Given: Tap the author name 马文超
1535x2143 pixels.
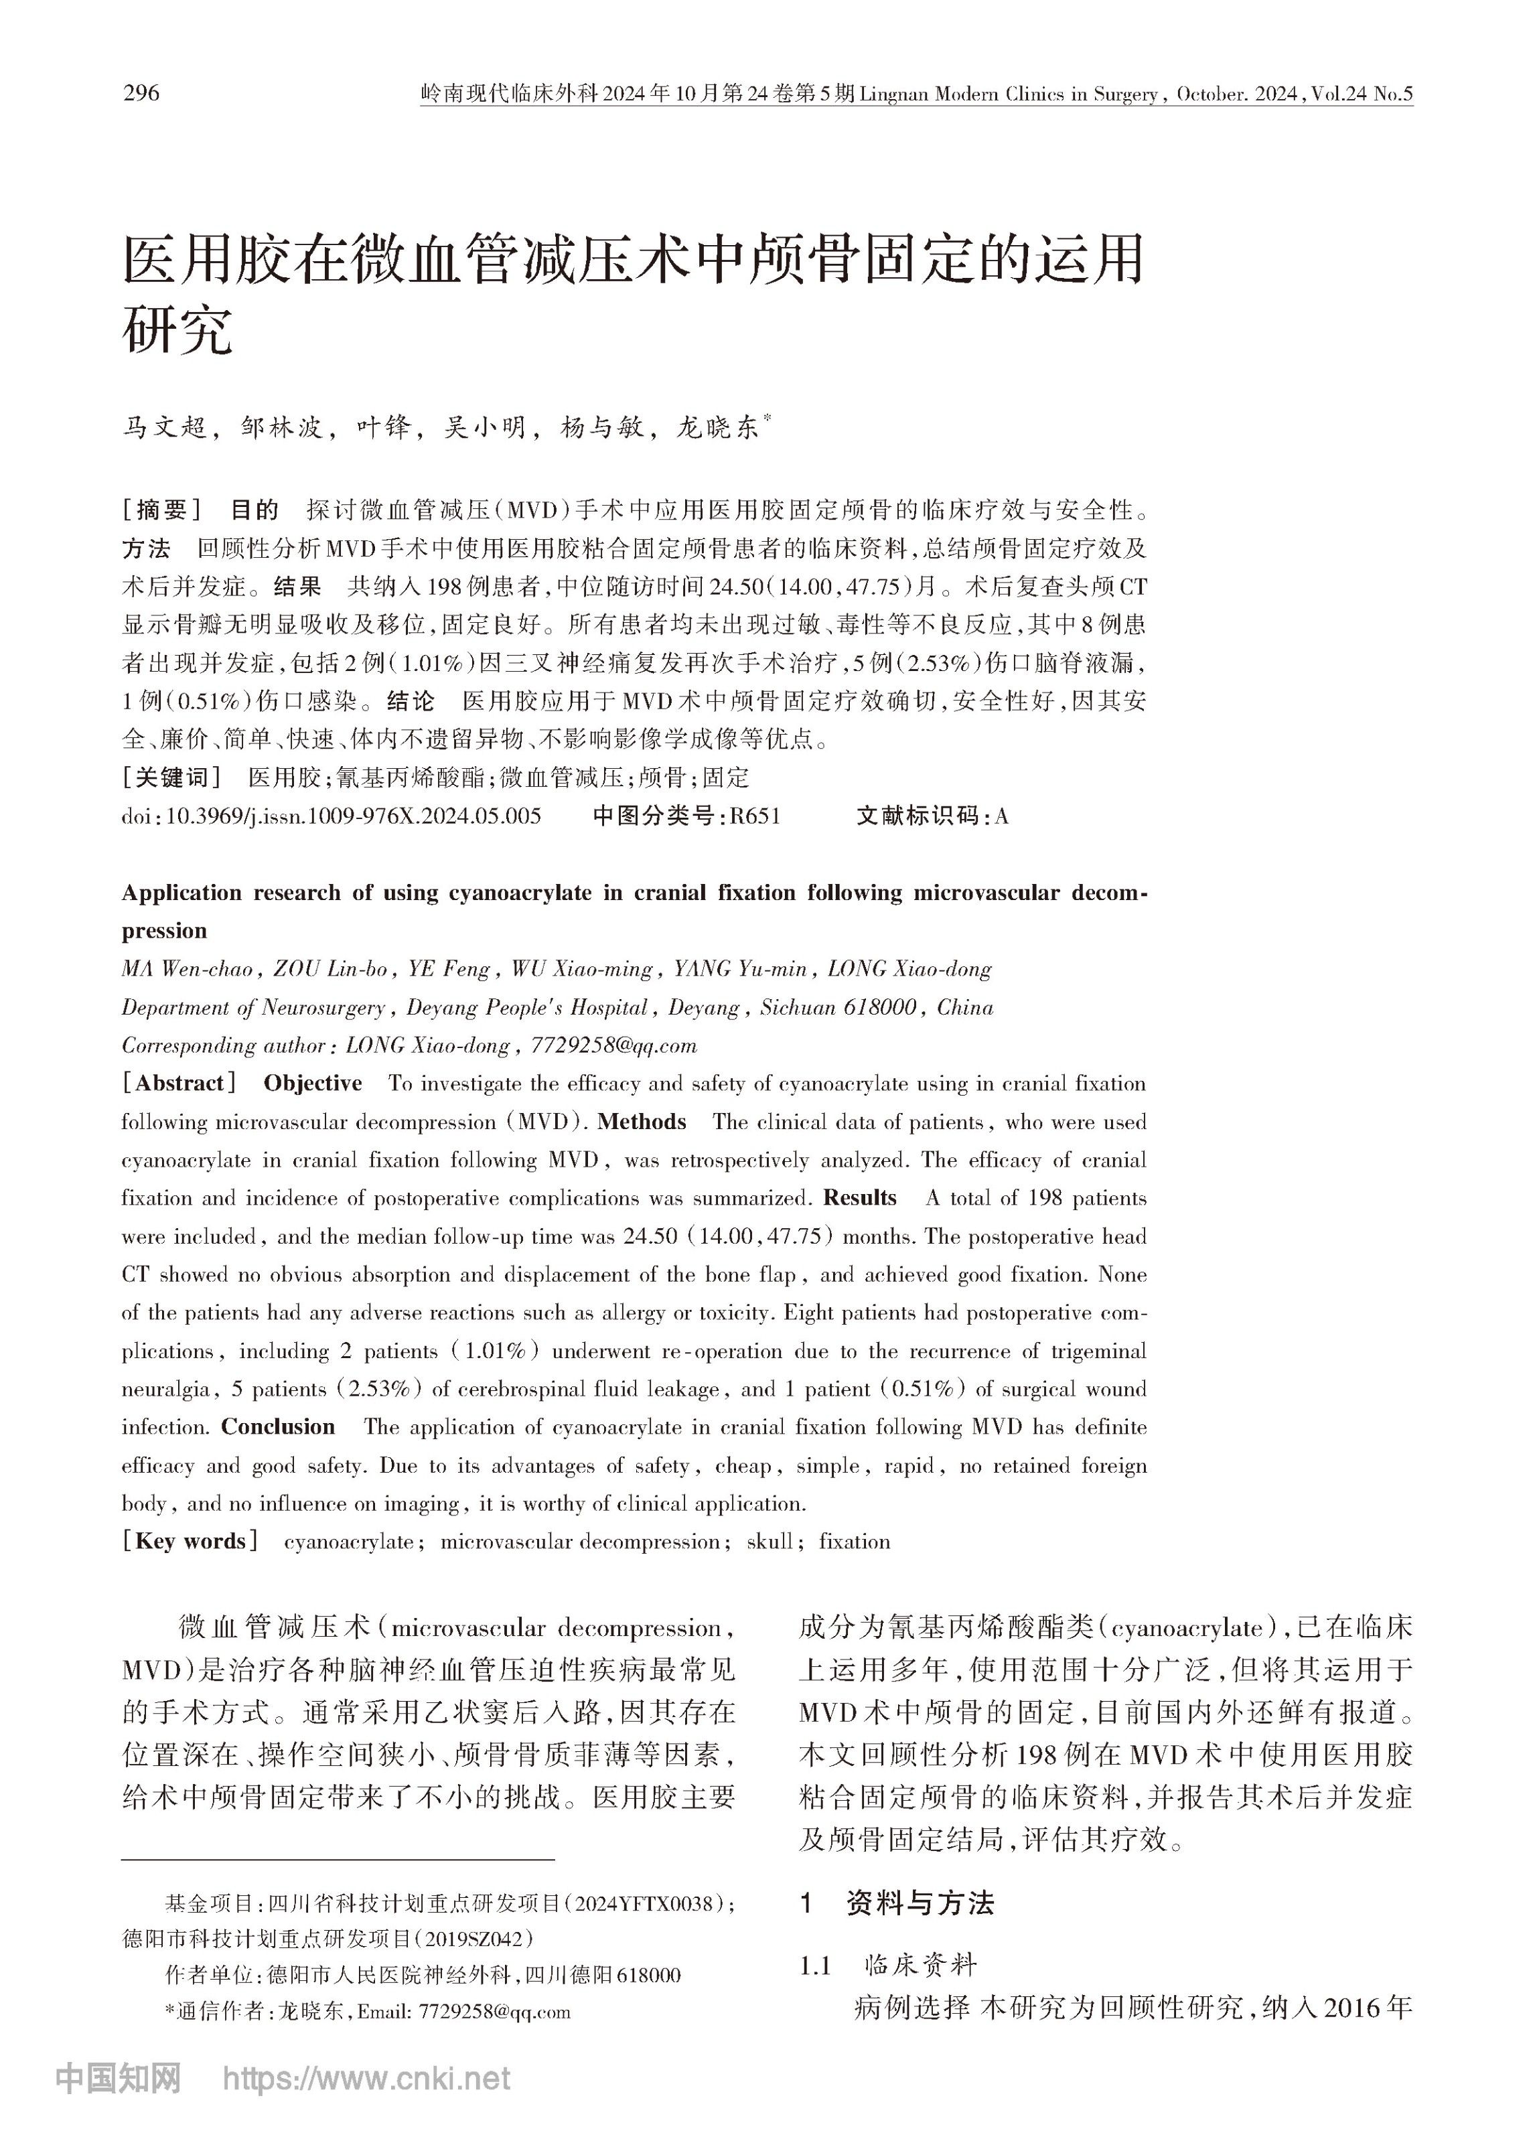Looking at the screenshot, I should (163, 428).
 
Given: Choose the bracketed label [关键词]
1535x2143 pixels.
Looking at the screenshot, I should (172, 778).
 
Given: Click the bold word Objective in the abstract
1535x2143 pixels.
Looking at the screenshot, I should (312, 1083).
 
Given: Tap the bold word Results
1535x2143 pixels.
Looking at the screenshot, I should (859, 1197).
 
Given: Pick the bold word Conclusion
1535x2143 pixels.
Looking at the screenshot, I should (278, 1427).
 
